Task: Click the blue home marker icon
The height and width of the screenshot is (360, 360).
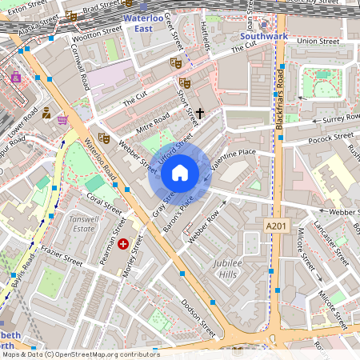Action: coord(180,173)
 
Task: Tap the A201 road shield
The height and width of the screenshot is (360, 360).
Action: coord(276,228)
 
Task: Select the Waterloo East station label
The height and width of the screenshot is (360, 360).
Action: coord(143,22)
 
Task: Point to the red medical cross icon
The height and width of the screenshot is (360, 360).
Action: coord(123,243)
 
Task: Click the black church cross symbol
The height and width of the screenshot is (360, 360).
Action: coord(199,114)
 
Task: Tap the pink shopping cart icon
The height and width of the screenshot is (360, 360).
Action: coord(62,120)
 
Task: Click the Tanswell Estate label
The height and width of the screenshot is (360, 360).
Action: coord(89,226)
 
